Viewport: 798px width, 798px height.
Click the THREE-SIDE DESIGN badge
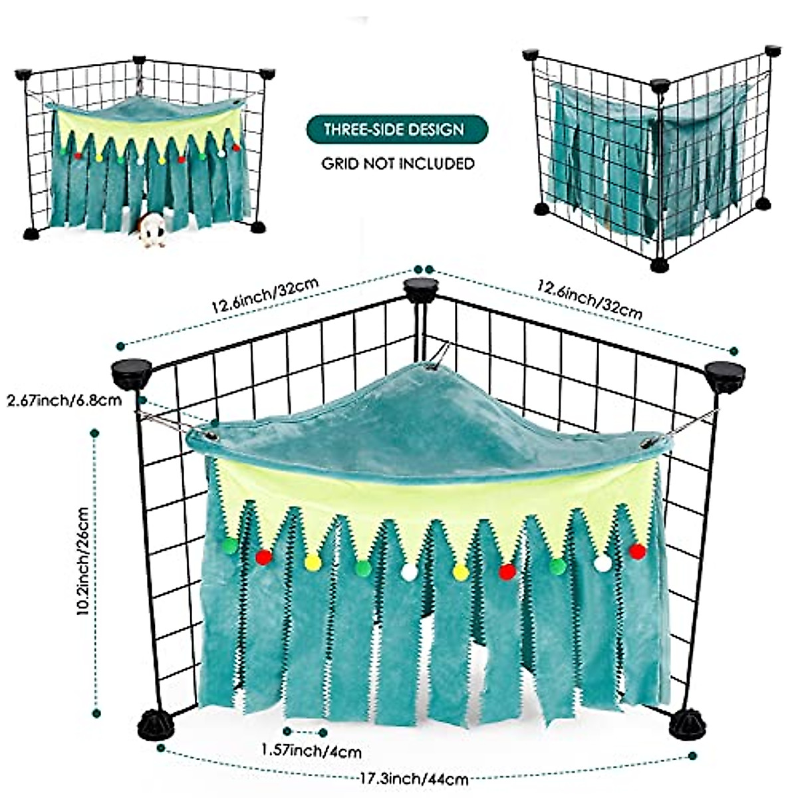tap(397, 129)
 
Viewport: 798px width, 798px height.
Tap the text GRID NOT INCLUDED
tap(398, 164)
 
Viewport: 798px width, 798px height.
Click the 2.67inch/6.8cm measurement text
tap(64, 400)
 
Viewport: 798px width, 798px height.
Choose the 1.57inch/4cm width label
tap(311, 751)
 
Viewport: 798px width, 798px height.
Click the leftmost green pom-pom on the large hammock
tap(230, 547)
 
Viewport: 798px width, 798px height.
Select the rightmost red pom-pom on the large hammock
tap(638, 551)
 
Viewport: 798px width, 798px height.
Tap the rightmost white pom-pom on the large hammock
tap(602, 563)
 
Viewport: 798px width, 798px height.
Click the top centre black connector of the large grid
tap(421, 290)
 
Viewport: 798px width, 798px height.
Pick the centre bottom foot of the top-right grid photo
tap(659, 265)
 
